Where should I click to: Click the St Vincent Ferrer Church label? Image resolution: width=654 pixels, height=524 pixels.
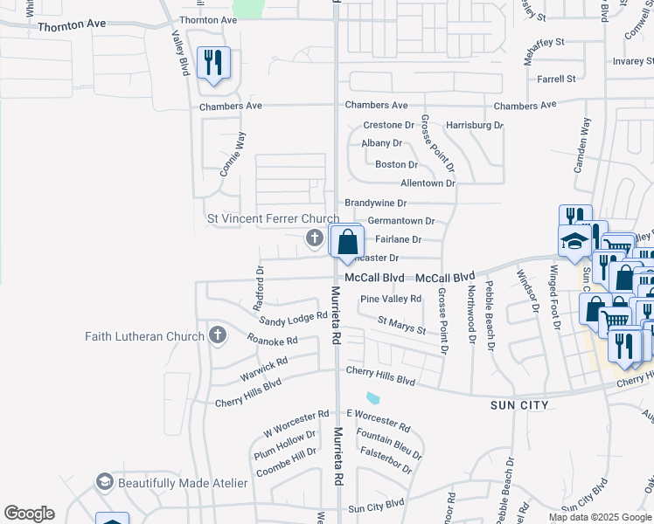pos(272,218)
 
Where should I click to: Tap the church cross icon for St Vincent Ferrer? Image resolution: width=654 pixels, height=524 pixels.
pos(314,238)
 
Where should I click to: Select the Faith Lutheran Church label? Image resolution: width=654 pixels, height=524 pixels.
pos(143,336)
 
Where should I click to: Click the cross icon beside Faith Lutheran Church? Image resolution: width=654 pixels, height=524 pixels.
pos(217,336)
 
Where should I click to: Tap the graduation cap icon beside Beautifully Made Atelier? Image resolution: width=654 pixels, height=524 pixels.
pos(105,483)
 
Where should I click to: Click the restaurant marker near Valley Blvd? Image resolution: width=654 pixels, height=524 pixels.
pos(213,64)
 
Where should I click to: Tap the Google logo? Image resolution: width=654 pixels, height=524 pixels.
pos(29,514)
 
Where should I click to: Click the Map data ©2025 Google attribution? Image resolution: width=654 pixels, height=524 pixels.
pos(600,517)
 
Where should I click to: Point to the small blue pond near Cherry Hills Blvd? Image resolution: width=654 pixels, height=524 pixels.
pos(374,398)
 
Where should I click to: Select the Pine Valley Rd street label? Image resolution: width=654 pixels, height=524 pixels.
pos(391,299)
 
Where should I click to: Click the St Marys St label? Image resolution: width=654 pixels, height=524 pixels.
pos(401,326)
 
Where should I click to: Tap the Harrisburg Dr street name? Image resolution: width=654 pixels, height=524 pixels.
pos(475,125)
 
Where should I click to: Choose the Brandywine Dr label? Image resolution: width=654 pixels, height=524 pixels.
pos(376,203)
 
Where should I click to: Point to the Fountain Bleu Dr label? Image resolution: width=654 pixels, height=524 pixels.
pos(390,442)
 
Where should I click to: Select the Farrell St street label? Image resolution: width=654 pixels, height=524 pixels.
pos(557,79)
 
